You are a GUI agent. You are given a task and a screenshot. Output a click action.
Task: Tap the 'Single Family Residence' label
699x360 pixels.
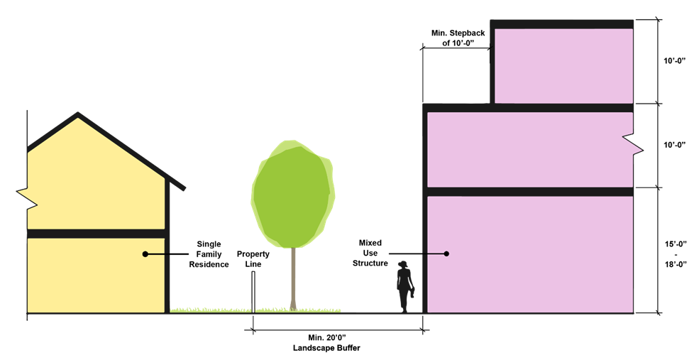tap(212, 253)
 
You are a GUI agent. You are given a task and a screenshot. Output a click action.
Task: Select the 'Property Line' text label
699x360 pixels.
tap(253, 258)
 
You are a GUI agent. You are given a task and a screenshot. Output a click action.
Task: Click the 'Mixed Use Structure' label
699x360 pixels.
tap(373, 253)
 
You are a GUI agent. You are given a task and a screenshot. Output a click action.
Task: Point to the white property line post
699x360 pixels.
tap(253, 293)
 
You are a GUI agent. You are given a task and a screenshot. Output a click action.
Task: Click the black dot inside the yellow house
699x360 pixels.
tap(145, 253)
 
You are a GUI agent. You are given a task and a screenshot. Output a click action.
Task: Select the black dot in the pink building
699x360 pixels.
tap(447, 253)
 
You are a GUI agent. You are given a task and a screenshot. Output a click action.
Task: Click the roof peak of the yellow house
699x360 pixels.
tap(78, 114)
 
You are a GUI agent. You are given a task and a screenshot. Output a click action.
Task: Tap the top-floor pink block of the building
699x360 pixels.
tap(562, 65)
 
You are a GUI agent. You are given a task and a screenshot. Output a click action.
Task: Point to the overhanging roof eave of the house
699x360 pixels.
tap(179, 184)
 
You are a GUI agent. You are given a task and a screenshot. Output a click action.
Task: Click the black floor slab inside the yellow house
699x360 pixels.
tap(96, 234)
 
